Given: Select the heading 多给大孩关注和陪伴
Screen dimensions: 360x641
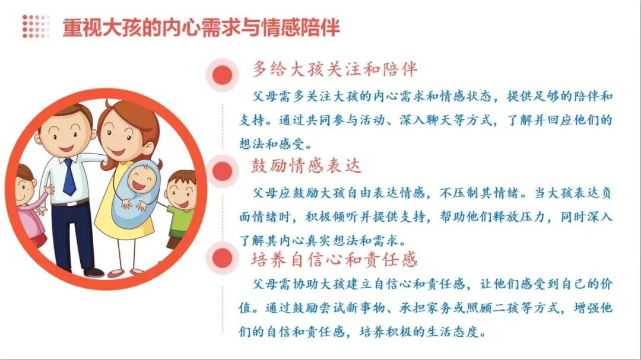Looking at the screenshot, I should (x=335, y=69).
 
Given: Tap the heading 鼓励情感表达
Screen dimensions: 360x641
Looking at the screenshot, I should (x=306, y=166).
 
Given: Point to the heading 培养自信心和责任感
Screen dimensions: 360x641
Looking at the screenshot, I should (x=335, y=259).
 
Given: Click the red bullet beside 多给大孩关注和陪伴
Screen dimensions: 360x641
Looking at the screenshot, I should (x=222, y=75).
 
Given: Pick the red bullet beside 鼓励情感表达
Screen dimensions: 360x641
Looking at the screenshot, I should (x=223, y=171).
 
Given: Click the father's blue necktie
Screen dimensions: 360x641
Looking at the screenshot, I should (x=69, y=177).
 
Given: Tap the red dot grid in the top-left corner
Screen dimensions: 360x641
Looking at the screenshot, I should (x=36, y=27).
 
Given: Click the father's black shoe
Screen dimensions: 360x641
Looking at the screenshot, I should (x=93, y=272).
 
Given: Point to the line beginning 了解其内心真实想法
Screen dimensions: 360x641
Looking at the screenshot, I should (x=329, y=241).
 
